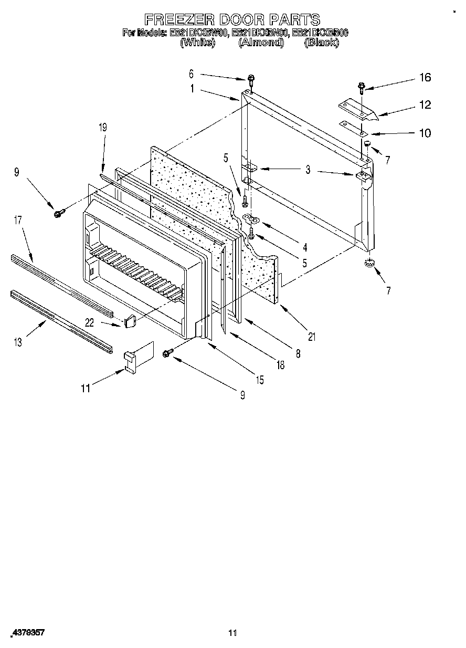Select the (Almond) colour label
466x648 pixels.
coord(261,43)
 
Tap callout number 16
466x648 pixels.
coord(425,78)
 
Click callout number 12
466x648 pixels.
coord(425,105)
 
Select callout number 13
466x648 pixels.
coord(18,342)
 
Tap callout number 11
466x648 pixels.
coord(86,388)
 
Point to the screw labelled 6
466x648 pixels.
coord(252,79)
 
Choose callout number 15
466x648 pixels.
coord(260,380)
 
